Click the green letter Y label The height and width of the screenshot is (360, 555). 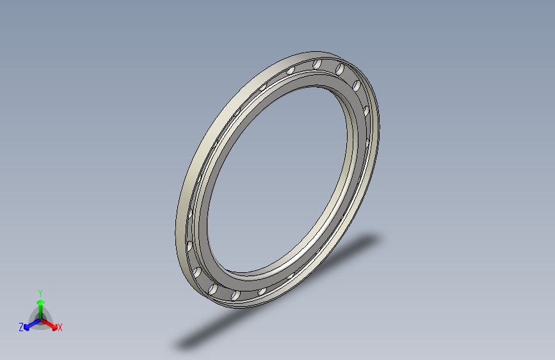click(x=40, y=293)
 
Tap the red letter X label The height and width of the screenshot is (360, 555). click(x=60, y=328)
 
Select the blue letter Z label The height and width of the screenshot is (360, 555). click(x=21, y=327)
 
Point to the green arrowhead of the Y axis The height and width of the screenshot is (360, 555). click(x=41, y=302)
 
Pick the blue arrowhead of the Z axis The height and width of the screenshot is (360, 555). click(x=26, y=327)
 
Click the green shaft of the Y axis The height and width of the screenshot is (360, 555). click(x=41, y=312)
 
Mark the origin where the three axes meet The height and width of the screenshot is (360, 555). click(x=41, y=320)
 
